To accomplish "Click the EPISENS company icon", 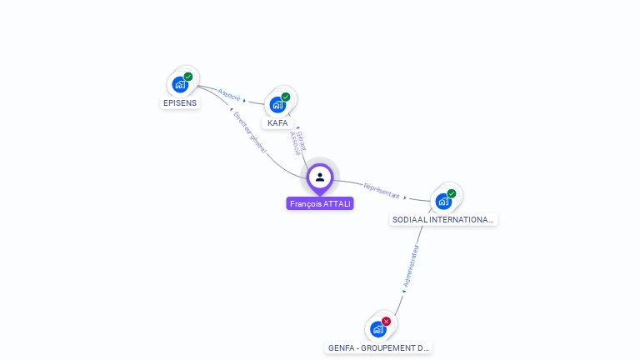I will pos(180,84).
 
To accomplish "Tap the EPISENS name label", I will pos(180,103).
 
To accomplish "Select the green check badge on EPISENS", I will pos(188,77).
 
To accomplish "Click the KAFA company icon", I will pos(277,104).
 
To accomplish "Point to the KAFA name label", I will pos(277,123).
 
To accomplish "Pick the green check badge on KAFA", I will pos(286,97).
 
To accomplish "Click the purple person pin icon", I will pos(320,177).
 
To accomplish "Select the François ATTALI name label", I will pos(320,203).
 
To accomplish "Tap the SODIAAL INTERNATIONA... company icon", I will pos(443,201).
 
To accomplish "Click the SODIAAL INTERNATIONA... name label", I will pos(443,220).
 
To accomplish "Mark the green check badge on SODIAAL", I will pos(452,193).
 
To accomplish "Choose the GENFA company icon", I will pos(378,329).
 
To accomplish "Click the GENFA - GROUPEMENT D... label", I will pos(378,347).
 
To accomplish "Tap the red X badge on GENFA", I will pos(386,321).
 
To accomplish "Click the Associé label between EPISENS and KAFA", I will pos(229,95).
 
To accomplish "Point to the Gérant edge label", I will pos(302,139).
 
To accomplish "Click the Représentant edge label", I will pos(381,192).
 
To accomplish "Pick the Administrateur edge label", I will pos(411,267).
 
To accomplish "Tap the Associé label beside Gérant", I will pos(295,143).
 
